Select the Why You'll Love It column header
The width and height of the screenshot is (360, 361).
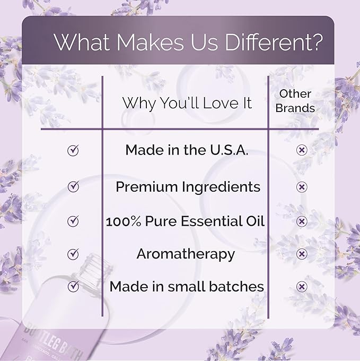tap(187, 102)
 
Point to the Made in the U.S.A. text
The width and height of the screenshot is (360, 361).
tap(187, 150)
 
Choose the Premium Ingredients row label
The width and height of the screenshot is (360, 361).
tap(188, 187)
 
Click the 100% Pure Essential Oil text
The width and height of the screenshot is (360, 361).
tap(185, 220)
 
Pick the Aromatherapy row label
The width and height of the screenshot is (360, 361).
tap(186, 254)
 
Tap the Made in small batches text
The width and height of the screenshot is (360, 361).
tap(187, 287)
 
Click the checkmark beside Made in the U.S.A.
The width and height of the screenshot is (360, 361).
tap(73, 151)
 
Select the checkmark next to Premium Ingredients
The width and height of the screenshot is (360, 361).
tap(73, 187)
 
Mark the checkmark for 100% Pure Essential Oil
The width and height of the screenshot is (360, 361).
tap(73, 221)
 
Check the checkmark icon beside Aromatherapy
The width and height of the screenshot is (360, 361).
tap(73, 254)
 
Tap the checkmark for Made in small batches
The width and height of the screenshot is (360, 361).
tap(73, 287)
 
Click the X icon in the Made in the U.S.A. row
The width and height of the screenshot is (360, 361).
tap(302, 151)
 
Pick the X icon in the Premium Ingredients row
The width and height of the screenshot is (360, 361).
tap(302, 187)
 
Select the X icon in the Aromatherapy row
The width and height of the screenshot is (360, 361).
tap(302, 254)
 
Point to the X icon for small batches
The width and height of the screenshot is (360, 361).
tap(302, 287)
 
